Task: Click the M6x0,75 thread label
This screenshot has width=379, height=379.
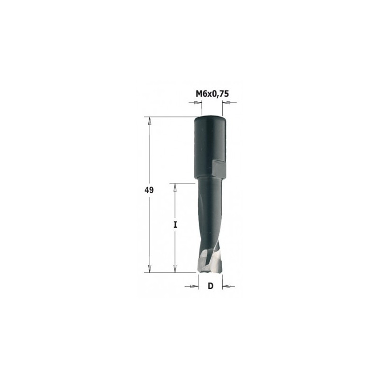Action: [212, 94]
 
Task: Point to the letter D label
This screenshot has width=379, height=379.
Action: [210, 286]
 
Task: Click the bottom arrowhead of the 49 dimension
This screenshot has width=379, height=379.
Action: [150, 269]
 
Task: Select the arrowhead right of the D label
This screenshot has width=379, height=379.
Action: [226, 286]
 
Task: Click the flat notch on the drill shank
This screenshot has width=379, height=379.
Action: [218, 167]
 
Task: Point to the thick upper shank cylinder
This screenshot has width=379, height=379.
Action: [209, 142]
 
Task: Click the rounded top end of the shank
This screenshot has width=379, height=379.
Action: [210, 119]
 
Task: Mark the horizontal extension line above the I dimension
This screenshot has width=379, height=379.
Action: [182, 183]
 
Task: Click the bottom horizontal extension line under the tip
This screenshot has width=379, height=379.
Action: [171, 273]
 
